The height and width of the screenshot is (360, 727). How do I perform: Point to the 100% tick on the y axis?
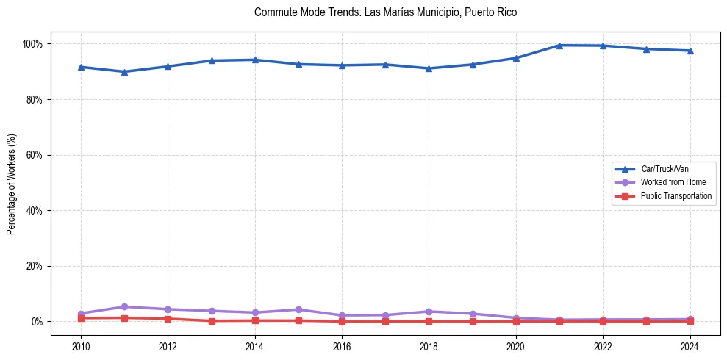tap(32, 44)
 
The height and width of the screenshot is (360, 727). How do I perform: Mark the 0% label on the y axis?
tap(37, 322)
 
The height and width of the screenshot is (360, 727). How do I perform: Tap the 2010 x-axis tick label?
tap(81, 346)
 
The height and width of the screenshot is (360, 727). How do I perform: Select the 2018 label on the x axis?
tap(429, 346)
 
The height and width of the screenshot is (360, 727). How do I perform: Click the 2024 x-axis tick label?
tap(690, 346)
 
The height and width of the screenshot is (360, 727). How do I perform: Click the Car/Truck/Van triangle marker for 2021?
tap(559, 46)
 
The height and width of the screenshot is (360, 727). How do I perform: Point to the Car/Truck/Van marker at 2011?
tap(124, 71)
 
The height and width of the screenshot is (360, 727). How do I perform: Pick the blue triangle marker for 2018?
tap(429, 68)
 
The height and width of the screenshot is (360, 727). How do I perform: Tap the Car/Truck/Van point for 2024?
tap(690, 51)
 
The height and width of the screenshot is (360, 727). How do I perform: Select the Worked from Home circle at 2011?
tap(124, 307)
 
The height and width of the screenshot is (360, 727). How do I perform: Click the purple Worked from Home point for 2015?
tap(298, 310)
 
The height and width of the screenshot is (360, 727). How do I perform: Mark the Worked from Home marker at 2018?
tap(429, 312)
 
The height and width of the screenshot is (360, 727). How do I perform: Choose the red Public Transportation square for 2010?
tap(81, 318)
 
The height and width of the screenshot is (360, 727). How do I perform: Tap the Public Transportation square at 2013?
tap(212, 321)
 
